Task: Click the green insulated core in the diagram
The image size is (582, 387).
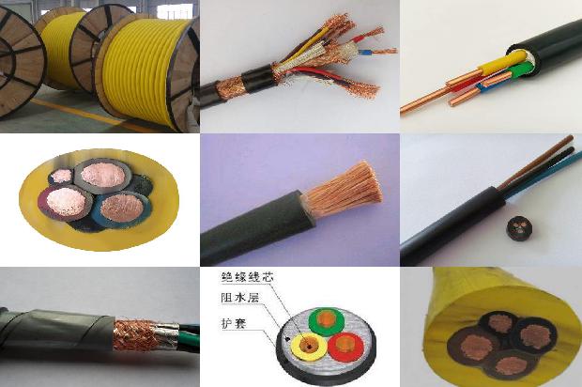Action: [326, 317]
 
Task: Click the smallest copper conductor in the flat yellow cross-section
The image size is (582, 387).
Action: [62, 176]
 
